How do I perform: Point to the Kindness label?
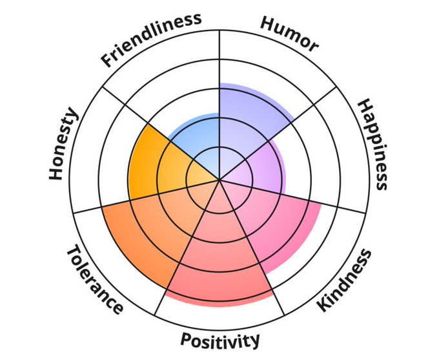pos(345,281)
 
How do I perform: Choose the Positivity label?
pos(220,340)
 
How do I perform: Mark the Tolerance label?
pos(94,279)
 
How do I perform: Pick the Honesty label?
pos(63,145)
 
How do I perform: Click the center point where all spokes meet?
pos(219,180)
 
